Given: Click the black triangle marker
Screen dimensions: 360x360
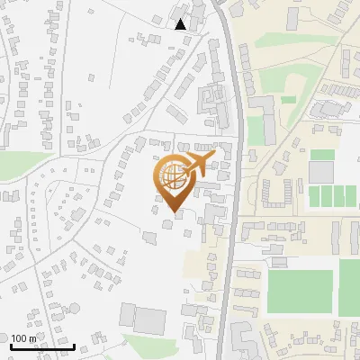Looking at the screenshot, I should tap(181, 24).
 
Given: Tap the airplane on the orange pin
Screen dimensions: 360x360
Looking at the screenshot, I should tap(196, 164).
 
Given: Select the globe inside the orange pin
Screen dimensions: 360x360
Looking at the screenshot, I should tap(174, 177).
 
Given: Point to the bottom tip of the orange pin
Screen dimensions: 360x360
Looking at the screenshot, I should tap(174, 213).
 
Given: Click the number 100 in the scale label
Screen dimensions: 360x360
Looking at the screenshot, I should tap(19, 338).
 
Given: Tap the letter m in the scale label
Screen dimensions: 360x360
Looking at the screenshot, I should tap(33, 338).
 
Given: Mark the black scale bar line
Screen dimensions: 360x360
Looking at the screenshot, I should tap(41, 347).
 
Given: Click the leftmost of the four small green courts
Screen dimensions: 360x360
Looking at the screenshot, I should tap(314, 195).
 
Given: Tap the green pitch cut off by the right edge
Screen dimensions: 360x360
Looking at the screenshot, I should tap(350, 288).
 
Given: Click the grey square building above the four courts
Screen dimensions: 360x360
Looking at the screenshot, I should tap(321, 172).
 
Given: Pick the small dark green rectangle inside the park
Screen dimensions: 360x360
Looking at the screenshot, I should tap(289, 100).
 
